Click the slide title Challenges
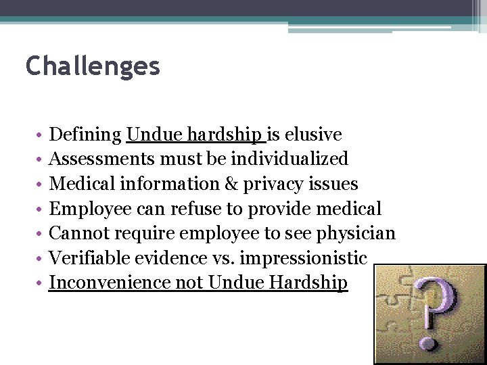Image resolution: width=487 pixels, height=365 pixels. tap(93, 66)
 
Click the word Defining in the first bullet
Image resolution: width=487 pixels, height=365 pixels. tap(86, 135)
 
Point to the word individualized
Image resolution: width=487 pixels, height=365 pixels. tap(289, 160)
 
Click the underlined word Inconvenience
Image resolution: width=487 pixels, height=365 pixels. tap(110, 283)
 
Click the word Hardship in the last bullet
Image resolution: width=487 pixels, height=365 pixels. tap(308, 283)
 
